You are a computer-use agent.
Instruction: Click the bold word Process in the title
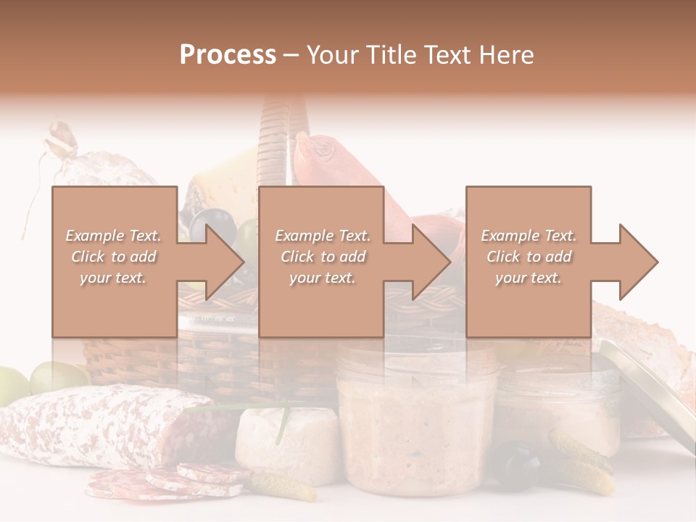[x=228, y=54]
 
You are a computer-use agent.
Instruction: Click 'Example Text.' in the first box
[x=114, y=236]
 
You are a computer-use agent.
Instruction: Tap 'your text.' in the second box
[x=322, y=278]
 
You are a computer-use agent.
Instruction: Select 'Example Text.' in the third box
[x=529, y=236]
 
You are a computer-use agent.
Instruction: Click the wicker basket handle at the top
[x=275, y=138]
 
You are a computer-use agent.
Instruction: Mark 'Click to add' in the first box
[x=114, y=257]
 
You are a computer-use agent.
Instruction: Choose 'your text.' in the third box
[x=529, y=278]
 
